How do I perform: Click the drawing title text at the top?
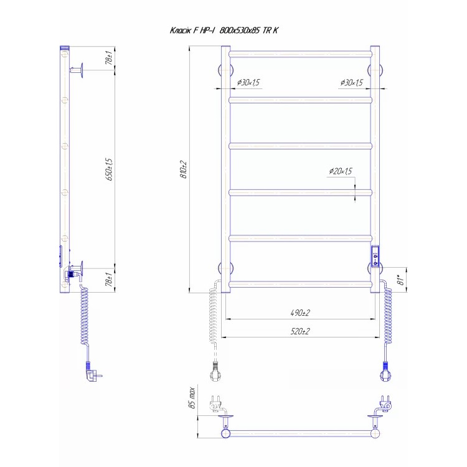[x=224, y=31]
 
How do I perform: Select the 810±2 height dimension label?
[x=184, y=170]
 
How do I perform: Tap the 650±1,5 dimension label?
[x=110, y=169]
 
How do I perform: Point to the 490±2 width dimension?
[x=300, y=313]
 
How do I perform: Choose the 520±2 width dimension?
[x=300, y=331]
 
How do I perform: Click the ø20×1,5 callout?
[x=341, y=171]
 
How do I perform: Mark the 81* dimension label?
[x=402, y=280]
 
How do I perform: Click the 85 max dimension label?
[x=192, y=399]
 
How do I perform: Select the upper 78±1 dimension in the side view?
[x=110, y=58]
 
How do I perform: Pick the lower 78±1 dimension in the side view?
[x=110, y=280]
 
